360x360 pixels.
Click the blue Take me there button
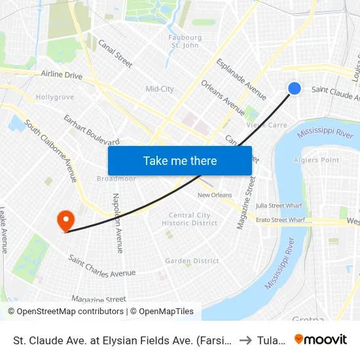pos(180,160)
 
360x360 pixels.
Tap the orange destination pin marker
pos(65,220)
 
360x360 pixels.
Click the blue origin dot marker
pos(295,88)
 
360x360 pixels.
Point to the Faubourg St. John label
pos(185,41)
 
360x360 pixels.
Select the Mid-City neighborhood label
pos(160,89)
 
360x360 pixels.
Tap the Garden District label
pos(192,261)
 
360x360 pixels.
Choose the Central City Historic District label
pos(190,219)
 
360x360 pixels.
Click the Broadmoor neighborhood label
pos(116,179)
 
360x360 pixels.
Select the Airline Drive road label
pos(62,75)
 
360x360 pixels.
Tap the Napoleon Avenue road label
pos(117,223)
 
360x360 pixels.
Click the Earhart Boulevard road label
pos(91,130)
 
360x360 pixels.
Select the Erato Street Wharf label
pos(280,220)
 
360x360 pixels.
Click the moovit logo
pos(320,339)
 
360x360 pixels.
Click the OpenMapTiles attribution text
pos(164,312)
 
